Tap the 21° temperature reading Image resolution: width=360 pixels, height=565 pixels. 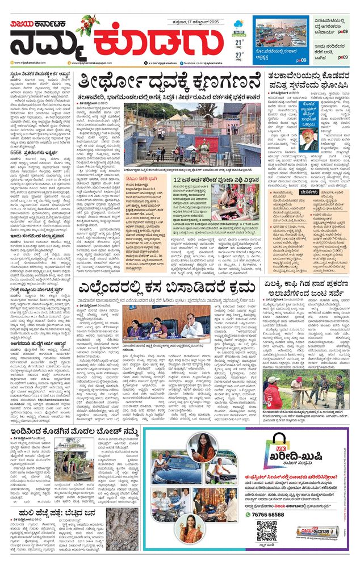click(x=240, y=41)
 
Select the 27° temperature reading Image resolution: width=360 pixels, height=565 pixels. click(x=240, y=55)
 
